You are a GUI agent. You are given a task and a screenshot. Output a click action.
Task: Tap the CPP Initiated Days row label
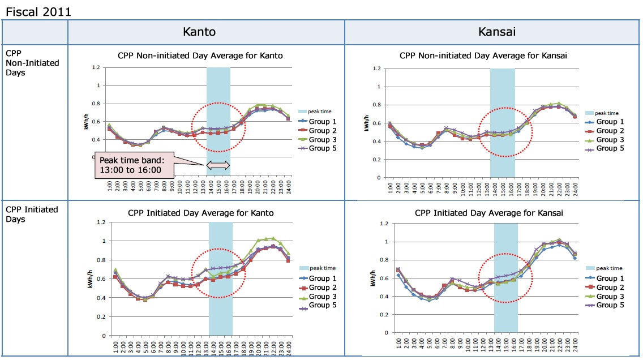32,214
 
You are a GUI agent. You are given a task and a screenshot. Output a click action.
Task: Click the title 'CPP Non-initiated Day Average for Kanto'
200,55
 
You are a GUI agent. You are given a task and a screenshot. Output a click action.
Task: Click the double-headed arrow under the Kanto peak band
218,165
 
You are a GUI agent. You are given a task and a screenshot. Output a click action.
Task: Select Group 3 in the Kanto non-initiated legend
322,139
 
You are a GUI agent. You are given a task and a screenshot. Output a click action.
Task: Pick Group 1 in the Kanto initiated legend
322,278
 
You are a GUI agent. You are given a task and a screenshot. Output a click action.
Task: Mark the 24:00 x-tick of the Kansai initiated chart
576,344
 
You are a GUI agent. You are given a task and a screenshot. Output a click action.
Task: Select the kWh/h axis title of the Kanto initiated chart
91,279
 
